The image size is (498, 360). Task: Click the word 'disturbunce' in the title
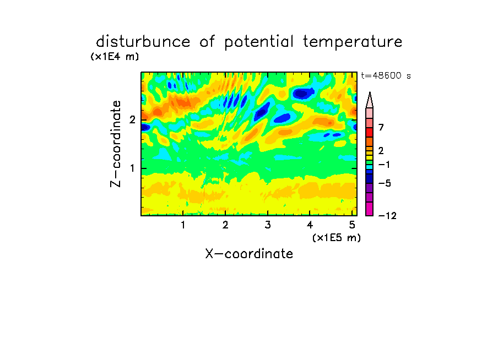point(143,41)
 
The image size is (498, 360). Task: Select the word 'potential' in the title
point(259,42)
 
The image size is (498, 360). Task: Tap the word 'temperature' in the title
point(353,42)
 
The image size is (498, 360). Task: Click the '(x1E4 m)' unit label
point(115,57)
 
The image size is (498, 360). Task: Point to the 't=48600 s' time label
point(386,75)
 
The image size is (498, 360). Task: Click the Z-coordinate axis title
point(116,144)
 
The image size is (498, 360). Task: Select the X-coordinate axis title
point(249,254)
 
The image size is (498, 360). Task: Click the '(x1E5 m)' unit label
point(337,237)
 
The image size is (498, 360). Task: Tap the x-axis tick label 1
point(183,225)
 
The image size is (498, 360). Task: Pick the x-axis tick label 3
point(268,225)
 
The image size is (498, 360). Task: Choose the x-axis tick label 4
point(310,225)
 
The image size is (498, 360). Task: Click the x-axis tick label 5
point(352,225)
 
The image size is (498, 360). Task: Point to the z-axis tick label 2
point(132,120)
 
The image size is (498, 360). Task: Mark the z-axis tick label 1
point(132,168)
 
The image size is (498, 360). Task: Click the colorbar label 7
point(381,127)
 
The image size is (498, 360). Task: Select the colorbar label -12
point(387,216)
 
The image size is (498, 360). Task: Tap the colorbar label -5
point(385,183)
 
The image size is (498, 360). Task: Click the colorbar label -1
point(385,165)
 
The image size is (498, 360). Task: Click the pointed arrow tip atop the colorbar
point(370,92)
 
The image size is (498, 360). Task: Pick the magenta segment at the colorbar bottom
point(370,209)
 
